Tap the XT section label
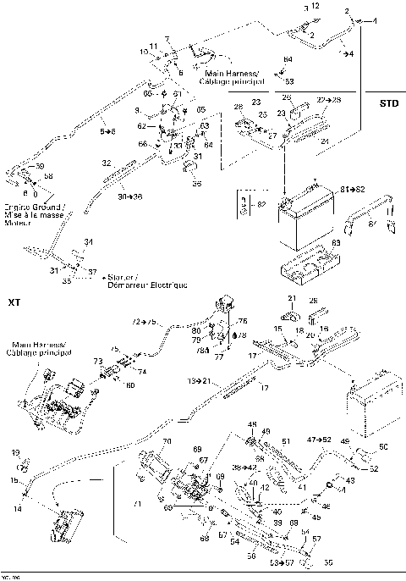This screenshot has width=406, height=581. [14, 302]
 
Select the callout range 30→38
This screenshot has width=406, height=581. [129, 195]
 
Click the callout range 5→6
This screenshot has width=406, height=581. [107, 131]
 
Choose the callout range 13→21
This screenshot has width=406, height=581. [200, 381]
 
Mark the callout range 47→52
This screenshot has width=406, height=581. [320, 440]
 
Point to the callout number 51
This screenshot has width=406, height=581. [286, 441]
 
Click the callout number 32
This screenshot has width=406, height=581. [107, 162]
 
